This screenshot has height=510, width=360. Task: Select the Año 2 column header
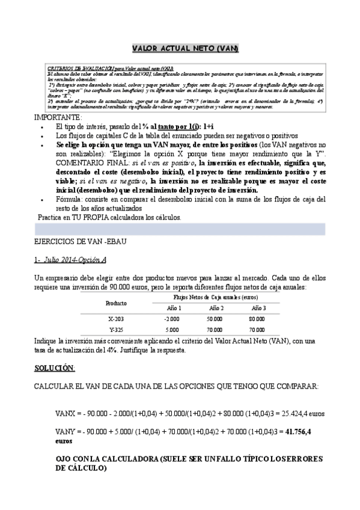point(215,308)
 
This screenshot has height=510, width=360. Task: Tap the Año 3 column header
point(257,308)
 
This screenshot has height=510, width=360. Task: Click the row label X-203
point(116,319)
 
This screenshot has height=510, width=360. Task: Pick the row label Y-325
point(116,330)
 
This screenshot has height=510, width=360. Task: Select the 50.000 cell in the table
point(215,319)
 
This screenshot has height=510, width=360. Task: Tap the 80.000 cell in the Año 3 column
point(257,319)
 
